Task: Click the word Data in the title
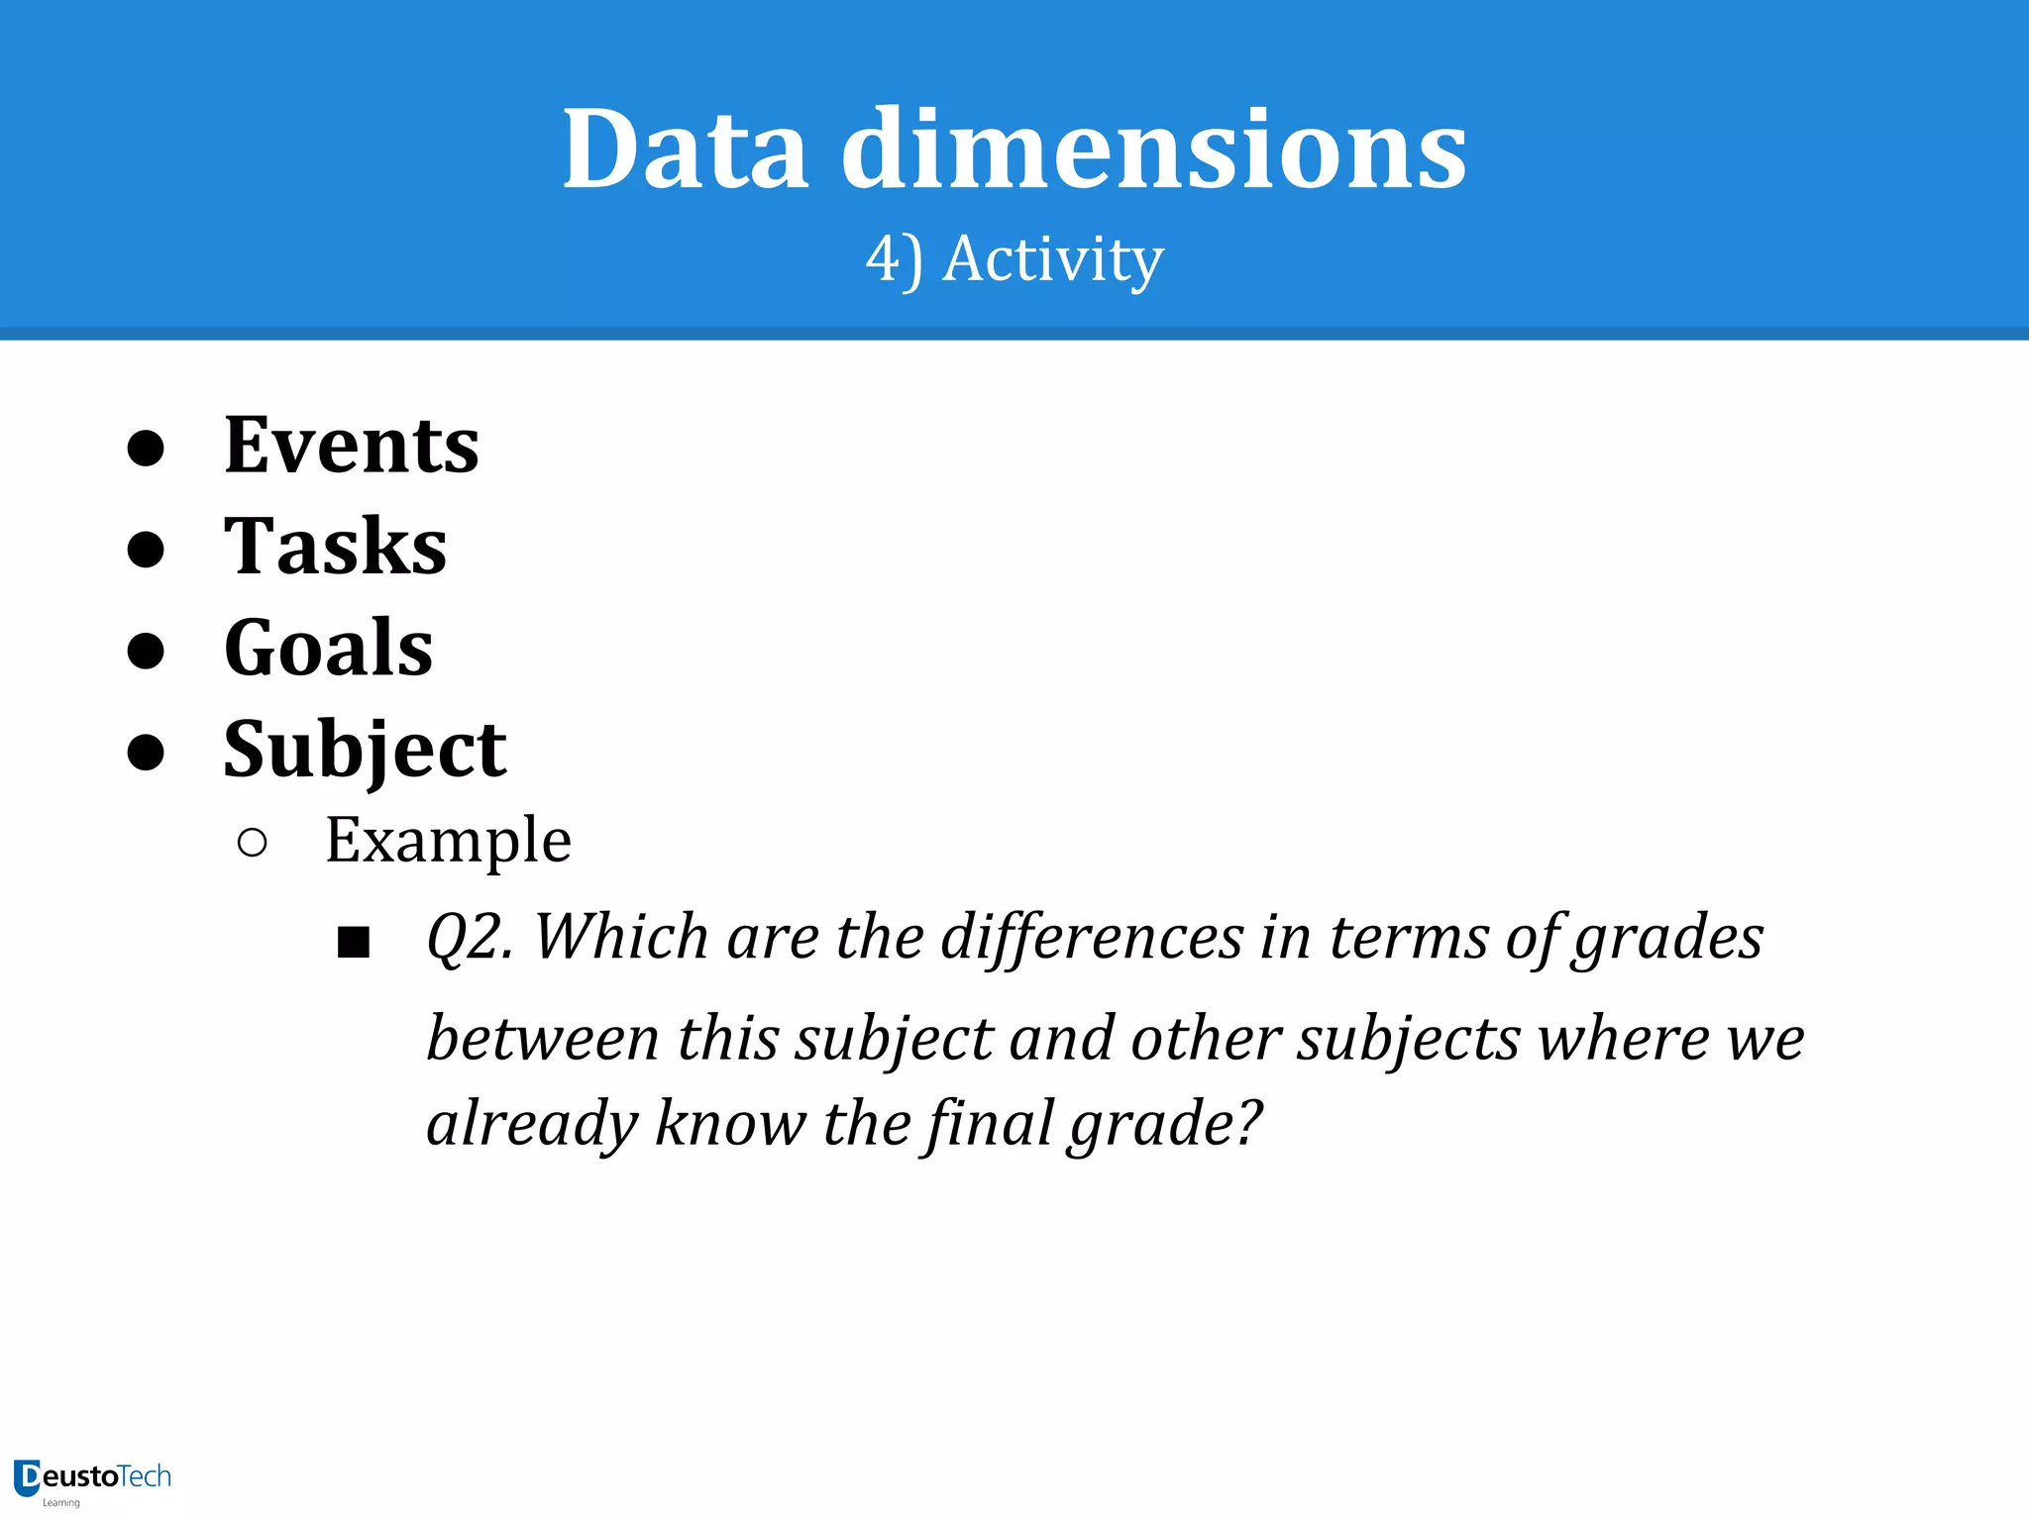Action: (x=686, y=151)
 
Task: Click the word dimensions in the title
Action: (x=1154, y=151)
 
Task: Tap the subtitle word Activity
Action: (x=1052, y=259)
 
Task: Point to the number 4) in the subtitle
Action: (x=894, y=259)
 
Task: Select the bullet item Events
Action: (x=351, y=446)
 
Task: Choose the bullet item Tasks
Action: (x=335, y=547)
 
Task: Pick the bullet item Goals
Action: (x=328, y=648)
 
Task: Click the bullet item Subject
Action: (x=365, y=750)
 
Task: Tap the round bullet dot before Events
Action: (x=146, y=448)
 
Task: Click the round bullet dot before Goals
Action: (x=146, y=651)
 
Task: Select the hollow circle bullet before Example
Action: (x=253, y=843)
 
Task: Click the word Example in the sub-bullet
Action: (x=448, y=841)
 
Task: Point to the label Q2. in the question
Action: (x=470, y=937)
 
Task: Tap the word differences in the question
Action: (x=1091, y=937)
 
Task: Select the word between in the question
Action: (x=542, y=1040)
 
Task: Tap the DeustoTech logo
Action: (x=92, y=1480)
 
